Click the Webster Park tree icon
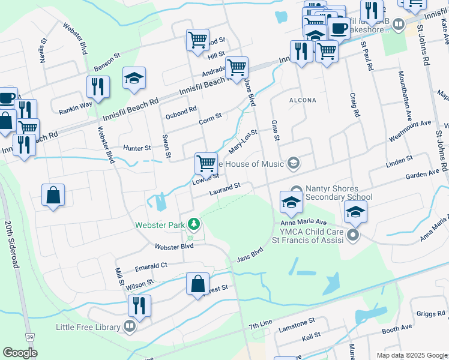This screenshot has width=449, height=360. pyautogui.click(x=193, y=224)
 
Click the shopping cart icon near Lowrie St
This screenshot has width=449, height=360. pyautogui.click(x=206, y=163)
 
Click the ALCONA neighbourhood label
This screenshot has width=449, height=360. pyautogui.click(x=303, y=100)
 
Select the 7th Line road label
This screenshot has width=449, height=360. pyautogui.click(x=262, y=325)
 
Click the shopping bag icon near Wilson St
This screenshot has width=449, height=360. pyautogui.click(x=197, y=284)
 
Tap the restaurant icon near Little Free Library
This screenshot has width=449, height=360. pyautogui.click(x=139, y=306)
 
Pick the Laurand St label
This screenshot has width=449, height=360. pyautogui.click(x=224, y=190)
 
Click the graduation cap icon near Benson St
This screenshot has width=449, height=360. pyautogui.click(x=134, y=79)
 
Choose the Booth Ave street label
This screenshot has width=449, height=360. pyautogui.click(x=397, y=329)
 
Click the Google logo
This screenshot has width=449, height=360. pyautogui.click(x=20, y=353)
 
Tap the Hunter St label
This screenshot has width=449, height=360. pyautogui.click(x=136, y=148)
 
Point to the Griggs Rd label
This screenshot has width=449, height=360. pyautogui.click(x=430, y=313)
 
